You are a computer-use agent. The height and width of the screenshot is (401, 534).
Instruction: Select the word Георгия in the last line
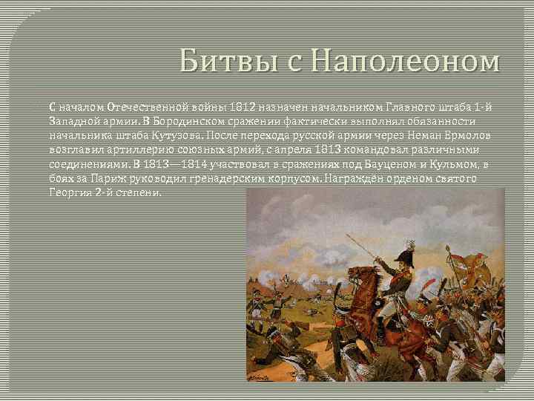72,192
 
